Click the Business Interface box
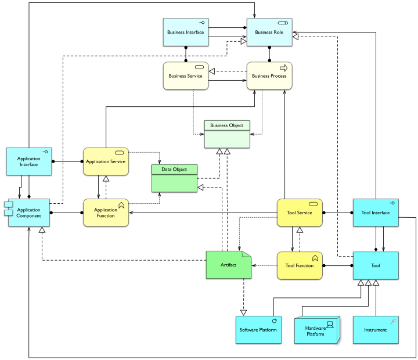tap(186, 33)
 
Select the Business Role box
tap(269, 33)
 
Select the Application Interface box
tap(29, 161)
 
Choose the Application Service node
tap(105, 162)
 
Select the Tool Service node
tap(300, 213)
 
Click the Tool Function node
tap(300, 266)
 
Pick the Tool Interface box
tap(376, 213)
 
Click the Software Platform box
tap(258, 330)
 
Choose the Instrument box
tap(376, 330)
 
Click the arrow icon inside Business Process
tap(284, 68)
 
